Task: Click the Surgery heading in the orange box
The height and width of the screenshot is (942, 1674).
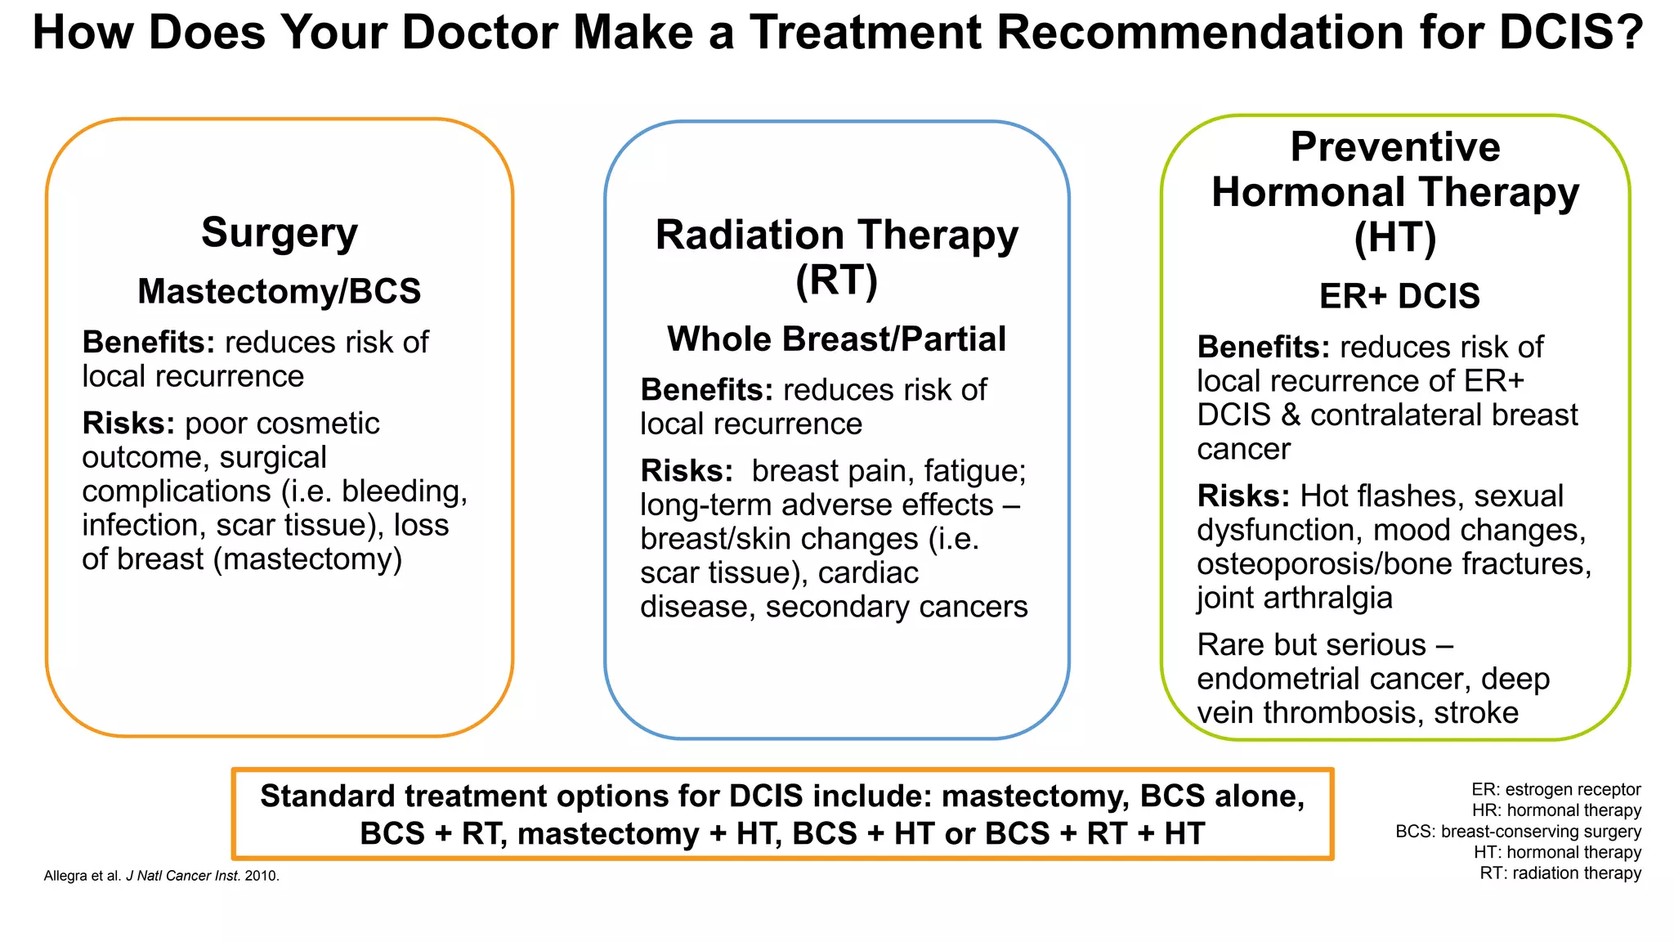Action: [280, 233]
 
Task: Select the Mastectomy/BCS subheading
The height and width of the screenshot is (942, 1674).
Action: [280, 292]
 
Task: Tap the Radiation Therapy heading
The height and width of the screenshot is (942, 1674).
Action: [836, 235]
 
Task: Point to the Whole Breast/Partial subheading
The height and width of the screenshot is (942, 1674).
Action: [836, 339]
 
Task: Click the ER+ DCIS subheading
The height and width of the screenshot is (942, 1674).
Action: [1399, 296]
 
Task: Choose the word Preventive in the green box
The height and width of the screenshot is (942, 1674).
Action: [1395, 148]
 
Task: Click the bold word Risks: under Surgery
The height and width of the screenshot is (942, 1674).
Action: [128, 424]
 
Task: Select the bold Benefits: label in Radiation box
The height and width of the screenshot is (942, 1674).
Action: [706, 390]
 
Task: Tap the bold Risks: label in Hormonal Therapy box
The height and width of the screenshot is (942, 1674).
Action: [1243, 496]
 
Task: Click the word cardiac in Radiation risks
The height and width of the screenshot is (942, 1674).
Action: [868, 573]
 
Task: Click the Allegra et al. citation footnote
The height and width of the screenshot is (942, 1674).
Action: [161, 876]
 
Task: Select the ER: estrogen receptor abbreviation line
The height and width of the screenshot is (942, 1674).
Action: [1555, 790]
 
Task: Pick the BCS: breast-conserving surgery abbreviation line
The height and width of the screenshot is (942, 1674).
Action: [1518, 832]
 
